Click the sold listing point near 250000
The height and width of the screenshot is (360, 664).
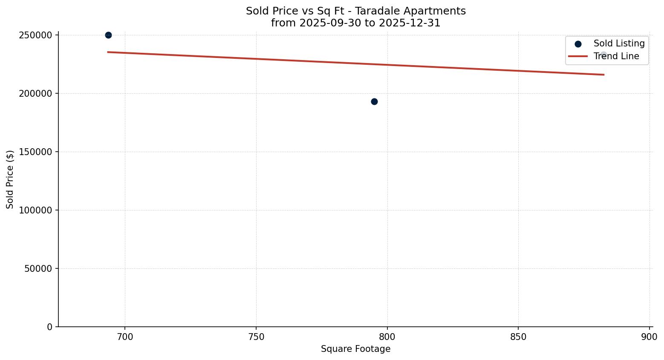point(108,35)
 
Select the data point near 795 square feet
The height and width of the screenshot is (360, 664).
point(374,101)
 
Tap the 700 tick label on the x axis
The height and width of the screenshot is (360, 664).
point(125,337)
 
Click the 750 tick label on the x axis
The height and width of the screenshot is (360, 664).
point(256,337)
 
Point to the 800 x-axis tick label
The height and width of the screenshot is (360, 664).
point(387,337)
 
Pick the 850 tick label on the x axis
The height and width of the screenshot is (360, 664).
point(518,337)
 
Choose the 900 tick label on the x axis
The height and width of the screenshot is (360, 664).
point(649,337)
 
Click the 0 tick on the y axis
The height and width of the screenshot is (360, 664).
point(50,327)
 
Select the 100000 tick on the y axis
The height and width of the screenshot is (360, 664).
point(36,210)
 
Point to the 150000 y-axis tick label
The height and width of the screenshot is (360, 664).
point(36,152)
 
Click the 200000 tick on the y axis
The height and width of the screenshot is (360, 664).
point(36,93)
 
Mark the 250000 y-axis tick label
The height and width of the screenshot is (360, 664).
point(36,35)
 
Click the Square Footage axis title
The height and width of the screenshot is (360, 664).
point(355,349)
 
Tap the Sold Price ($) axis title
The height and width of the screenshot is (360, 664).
point(10,179)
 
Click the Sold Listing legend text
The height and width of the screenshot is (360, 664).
point(619,43)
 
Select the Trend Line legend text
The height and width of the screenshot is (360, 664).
point(616,56)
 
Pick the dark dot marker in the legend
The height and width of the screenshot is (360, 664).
point(578,44)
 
